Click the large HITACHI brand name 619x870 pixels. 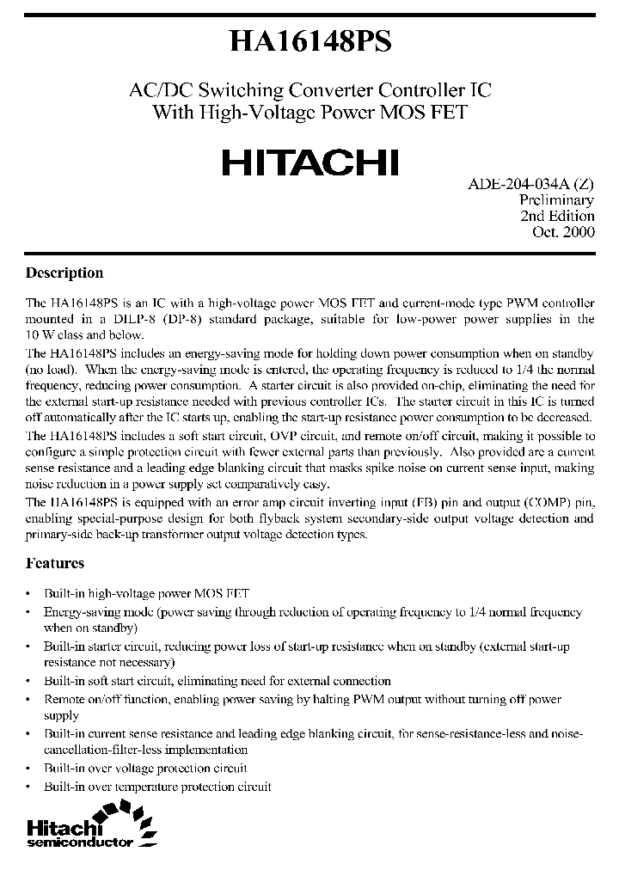(310, 162)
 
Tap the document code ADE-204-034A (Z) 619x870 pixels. (530, 185)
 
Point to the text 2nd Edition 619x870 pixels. (557, 216)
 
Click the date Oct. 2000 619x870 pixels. (564, 231)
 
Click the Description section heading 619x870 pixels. (64, 273)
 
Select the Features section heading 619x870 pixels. (55, 563)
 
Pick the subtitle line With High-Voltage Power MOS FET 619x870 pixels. (310, 111)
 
